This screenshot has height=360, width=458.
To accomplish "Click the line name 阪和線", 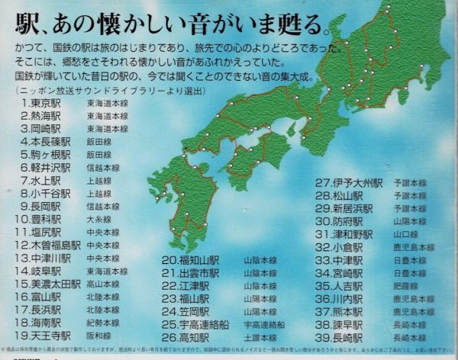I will [99, 336].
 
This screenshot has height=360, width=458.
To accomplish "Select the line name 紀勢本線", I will [102, 323].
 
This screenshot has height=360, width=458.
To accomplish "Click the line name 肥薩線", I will [404, 285].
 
